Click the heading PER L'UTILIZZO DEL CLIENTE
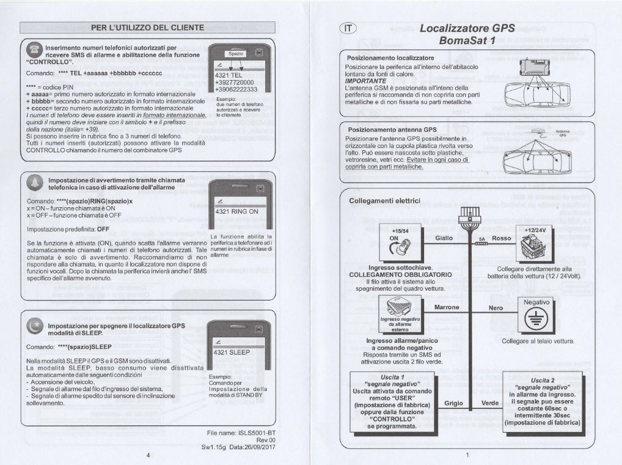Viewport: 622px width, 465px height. pos(148,27)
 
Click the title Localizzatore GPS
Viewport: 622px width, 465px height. pos(467,28)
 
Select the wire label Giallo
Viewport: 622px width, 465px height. pos(444,238)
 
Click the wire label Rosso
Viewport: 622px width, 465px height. pos(501,238)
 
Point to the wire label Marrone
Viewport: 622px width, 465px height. pos(447,307)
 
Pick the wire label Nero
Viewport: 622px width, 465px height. pos(496,308)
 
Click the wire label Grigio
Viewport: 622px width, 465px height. pos(453,403)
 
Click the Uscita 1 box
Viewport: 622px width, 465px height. pos(392,400)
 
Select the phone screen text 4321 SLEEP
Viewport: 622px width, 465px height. pos(232,353)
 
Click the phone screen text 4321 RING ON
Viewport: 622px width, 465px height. pos(236,211)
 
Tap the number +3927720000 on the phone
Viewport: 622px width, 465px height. pos(235,82)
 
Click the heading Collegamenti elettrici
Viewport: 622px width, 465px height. pos(384,200)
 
